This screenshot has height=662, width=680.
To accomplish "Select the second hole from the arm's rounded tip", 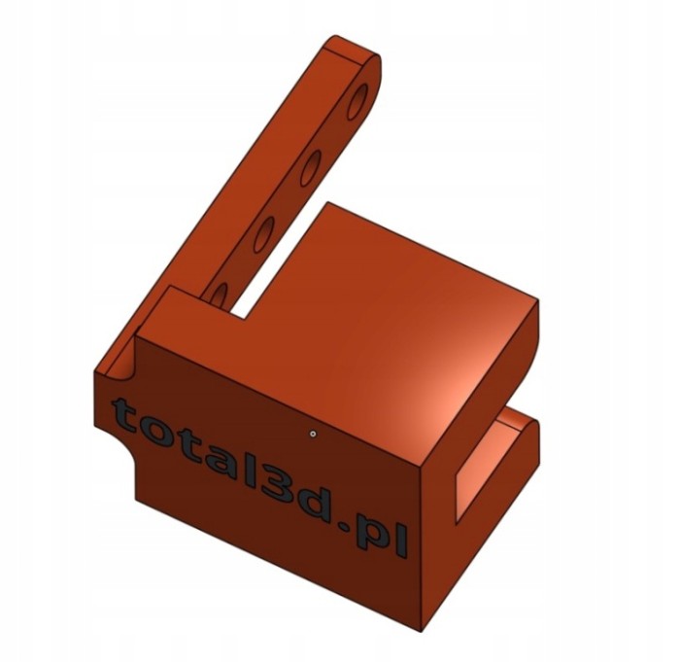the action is (x=311, y=167).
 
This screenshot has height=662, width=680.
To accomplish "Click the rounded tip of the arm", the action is (x=372, y=65).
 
